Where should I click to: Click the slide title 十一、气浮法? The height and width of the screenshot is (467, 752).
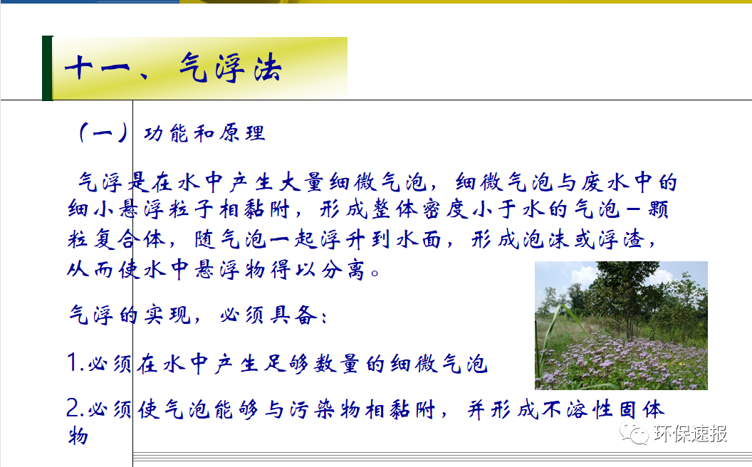[173, 69]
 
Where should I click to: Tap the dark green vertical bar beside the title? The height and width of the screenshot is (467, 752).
[47, 68]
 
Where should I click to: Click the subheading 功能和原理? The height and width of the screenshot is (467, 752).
[204, 134]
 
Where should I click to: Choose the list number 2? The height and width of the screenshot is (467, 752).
[73, 409]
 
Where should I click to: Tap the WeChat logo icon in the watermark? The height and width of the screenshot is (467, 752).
[632, 433]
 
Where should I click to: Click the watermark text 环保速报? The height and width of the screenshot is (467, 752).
[690, 434]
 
